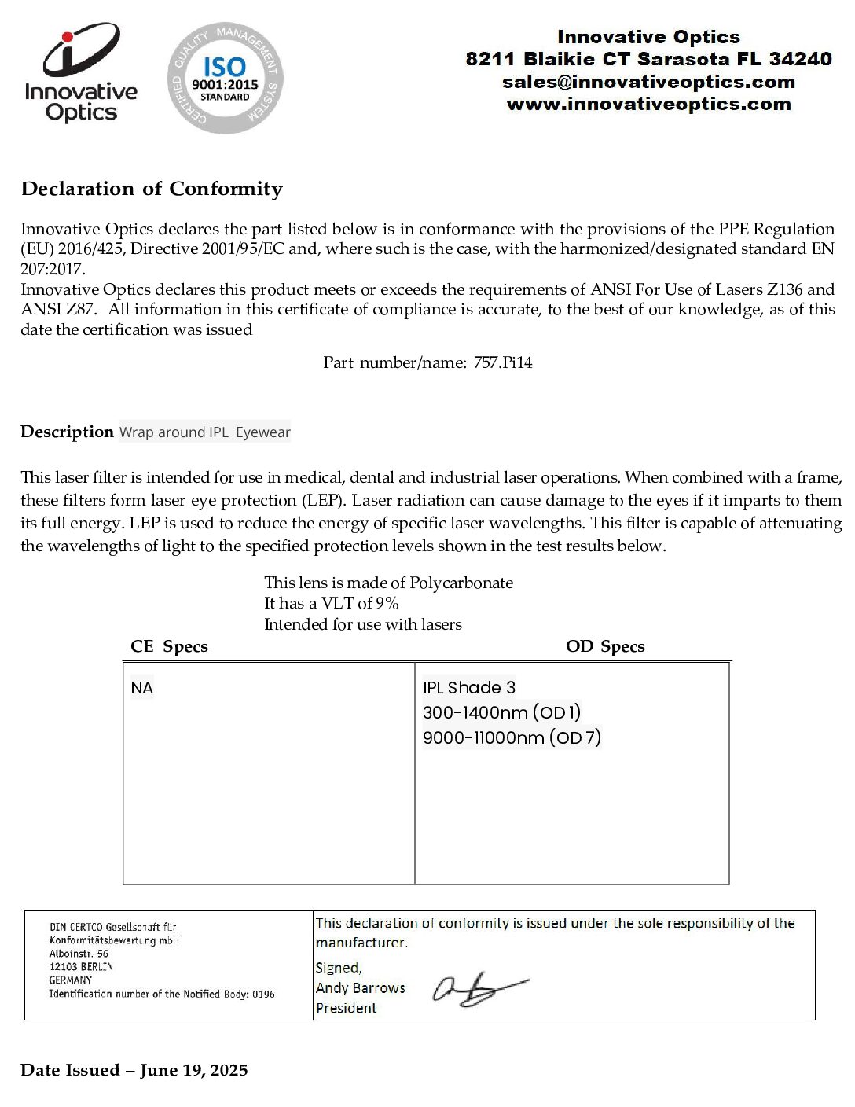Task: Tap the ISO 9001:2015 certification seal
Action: [225, 78]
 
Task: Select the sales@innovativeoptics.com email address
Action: [648, 82]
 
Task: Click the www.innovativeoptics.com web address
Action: [648, 104]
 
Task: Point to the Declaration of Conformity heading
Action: [152, 189]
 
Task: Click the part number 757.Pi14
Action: [503, 362]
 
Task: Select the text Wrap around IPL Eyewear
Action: [205, 432]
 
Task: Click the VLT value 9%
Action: [387, 603]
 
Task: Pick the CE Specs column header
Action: [169, 646]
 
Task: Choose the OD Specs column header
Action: [605, 646]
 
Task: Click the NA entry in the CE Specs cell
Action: [142, 688]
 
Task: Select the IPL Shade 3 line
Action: [469, 688]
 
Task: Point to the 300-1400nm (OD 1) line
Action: [501, 712]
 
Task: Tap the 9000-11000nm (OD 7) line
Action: [512, 737]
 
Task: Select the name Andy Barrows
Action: [361, 988]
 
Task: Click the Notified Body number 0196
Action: [263, 994]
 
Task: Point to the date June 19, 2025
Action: [194, 1070]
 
